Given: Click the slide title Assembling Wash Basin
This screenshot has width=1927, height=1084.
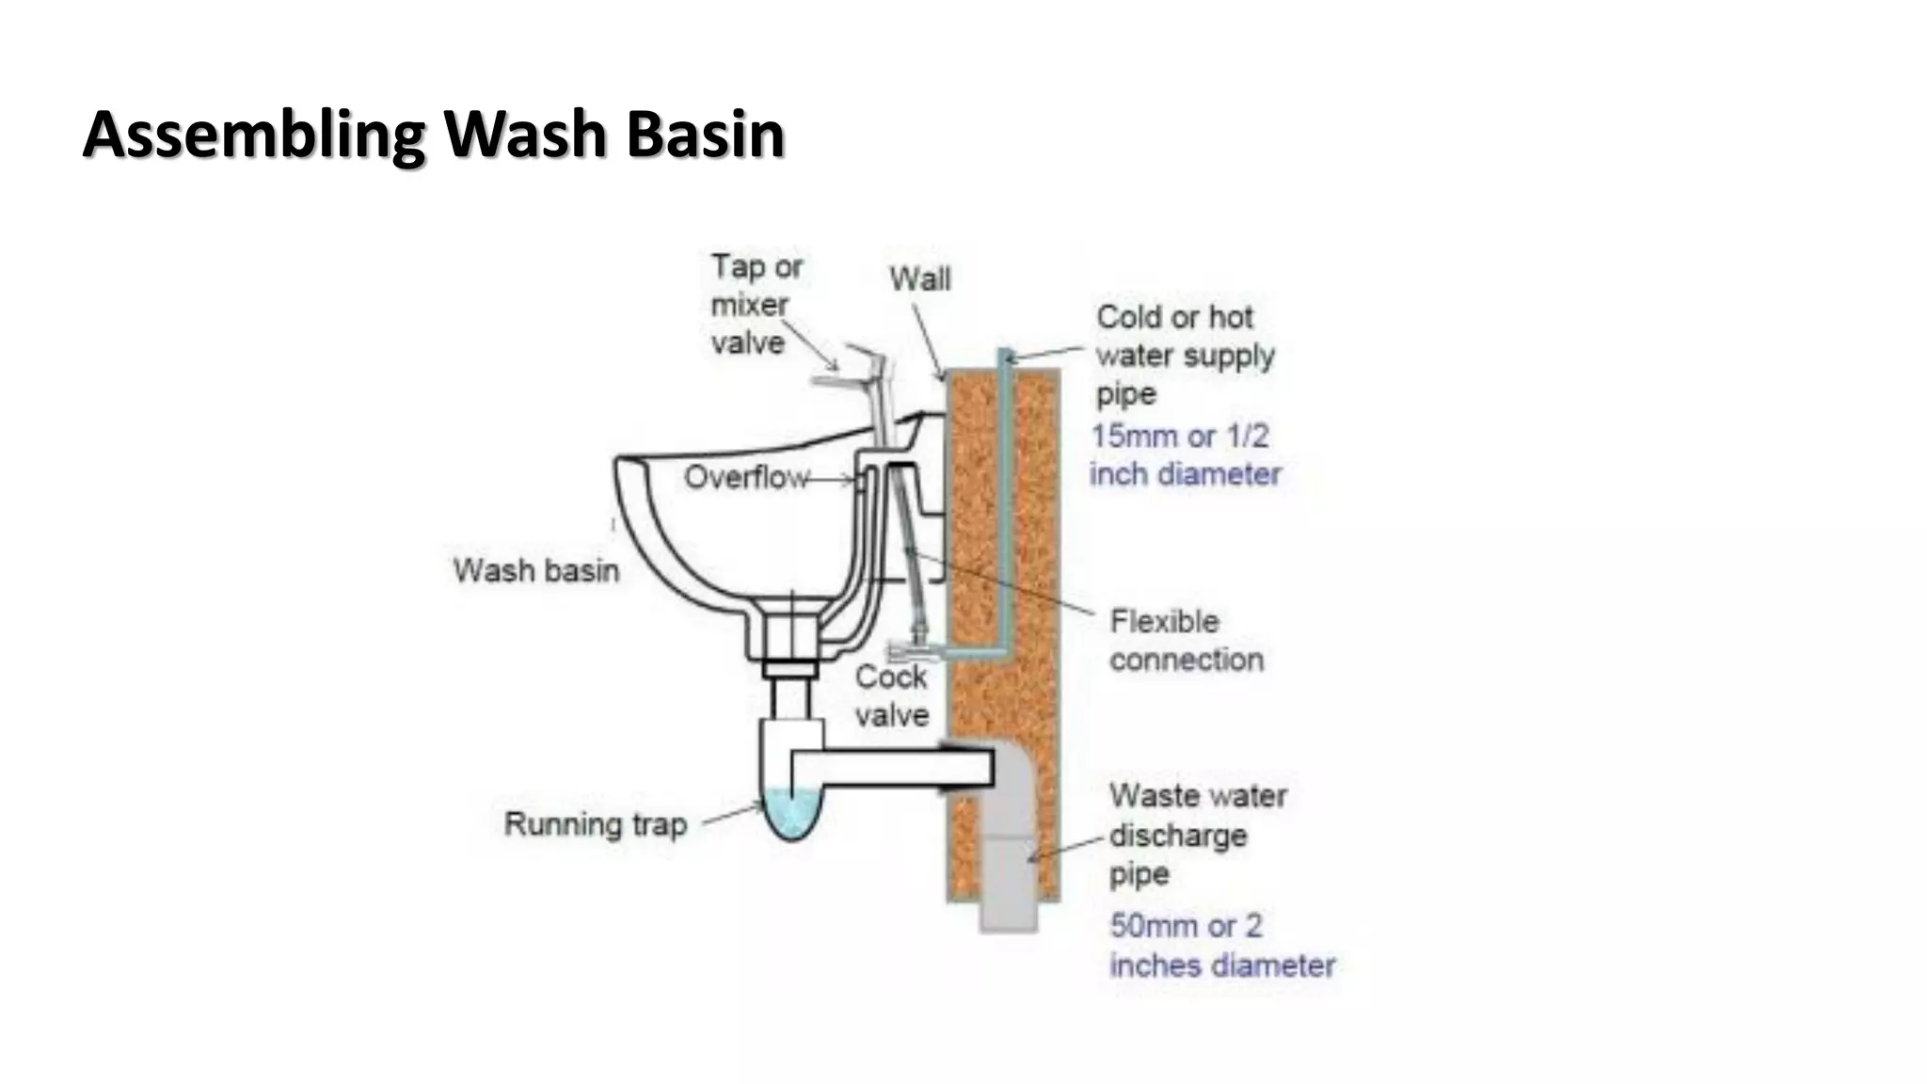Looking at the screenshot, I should tap(433, 135).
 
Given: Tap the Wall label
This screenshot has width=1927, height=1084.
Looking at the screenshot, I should tap(919, 279).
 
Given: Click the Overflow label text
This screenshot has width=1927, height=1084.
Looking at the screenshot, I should tap(745, 478).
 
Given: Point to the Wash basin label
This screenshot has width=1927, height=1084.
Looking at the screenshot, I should tap(535, 570).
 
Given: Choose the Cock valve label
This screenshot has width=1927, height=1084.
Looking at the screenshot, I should tap(891, 695).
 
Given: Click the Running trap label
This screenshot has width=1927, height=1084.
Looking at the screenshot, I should tap(595, 824).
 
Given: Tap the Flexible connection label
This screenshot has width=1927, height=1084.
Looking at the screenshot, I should tap(1186, 640).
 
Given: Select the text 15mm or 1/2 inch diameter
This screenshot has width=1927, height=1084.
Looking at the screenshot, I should tap(1184, 454).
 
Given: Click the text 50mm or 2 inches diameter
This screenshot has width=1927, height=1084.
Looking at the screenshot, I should tap(1220, 945).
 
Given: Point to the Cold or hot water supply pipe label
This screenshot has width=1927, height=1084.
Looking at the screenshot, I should tap(1184, 355).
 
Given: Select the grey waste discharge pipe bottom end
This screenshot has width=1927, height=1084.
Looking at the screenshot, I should tap(1008, 917).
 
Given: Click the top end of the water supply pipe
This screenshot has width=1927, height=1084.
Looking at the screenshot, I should tap(1005, 357).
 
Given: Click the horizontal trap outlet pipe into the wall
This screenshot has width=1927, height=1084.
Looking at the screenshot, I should tap(894, 767).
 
